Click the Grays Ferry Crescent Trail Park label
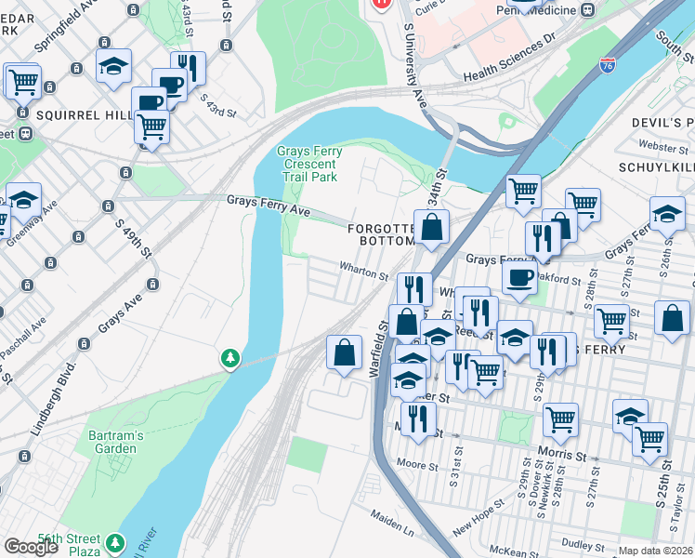tap(307, 164)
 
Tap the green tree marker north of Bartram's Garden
tap(229, 358)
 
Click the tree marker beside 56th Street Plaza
tap(115, 541)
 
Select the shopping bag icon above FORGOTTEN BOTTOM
tap(432, 227)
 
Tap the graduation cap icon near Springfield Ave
tap(113, 66)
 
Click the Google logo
tap(31, 547)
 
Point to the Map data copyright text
tap(656, 551)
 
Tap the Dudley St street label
tap(584, 546)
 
